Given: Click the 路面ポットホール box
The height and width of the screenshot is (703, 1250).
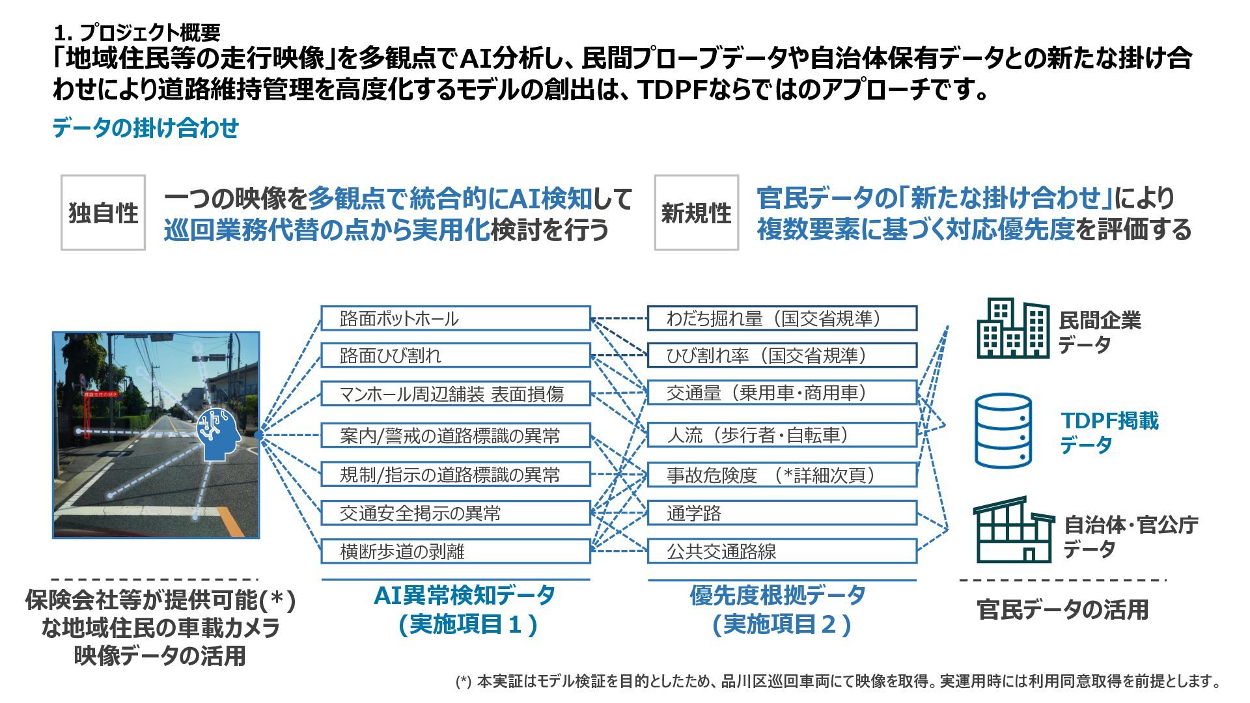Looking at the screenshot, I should [x=456, y=318].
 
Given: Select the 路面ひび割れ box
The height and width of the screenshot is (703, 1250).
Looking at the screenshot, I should [x=456, y=355].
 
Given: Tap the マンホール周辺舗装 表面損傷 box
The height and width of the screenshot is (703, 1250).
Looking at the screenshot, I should [x=456, y=394].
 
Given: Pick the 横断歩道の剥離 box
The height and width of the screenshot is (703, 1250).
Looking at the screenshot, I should [x=456, y=551].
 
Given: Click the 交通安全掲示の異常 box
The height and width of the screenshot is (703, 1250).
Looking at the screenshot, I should [x=456, y=513].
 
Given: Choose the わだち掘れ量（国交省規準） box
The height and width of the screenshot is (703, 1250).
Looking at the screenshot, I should [x=782, y=318].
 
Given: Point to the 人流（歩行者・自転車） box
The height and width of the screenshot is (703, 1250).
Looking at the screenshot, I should [x=782, y=435].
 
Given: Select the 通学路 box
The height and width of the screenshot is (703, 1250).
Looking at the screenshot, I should [x=782, y=513].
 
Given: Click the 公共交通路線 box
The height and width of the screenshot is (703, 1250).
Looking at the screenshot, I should [x=782, y=551].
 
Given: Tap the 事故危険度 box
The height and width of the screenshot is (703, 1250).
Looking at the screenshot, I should [x=782, y=475].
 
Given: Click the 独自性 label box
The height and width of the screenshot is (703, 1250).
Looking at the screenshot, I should [x=103, y=212].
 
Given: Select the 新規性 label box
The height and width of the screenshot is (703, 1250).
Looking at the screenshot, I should [x=696, y=212].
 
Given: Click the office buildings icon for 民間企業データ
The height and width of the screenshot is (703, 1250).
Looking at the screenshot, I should [x=1012, y=328].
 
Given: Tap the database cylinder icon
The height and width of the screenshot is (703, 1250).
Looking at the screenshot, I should [x=1003, y=430].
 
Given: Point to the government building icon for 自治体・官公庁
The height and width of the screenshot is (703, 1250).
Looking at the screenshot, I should [x=1012, y=531].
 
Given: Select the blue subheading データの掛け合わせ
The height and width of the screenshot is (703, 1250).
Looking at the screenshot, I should [x=145, y=128].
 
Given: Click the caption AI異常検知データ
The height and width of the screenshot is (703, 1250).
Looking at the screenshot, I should [x=464, y=595].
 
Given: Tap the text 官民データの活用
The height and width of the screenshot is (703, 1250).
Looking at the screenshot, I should [x=1062, y=609].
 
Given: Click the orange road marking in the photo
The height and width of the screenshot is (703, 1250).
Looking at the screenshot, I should [x=230, y=521].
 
